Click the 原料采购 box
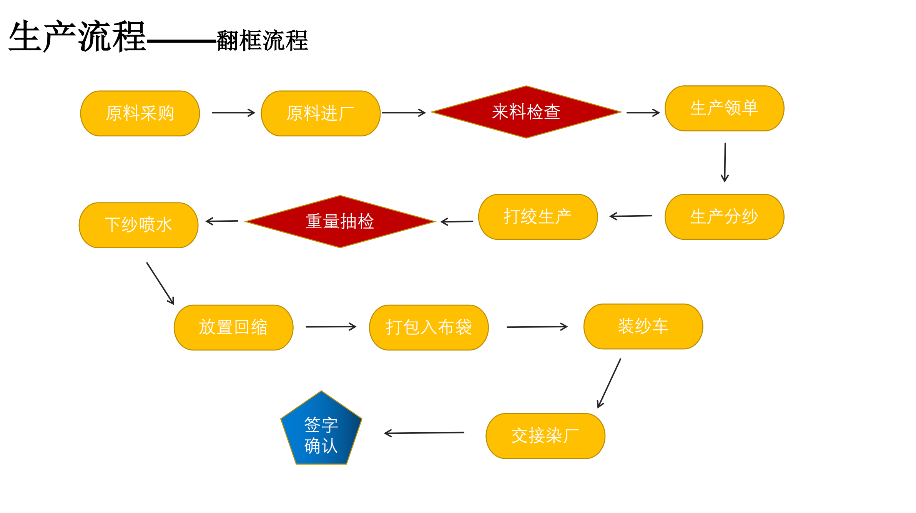(x=140, y=113)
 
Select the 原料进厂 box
(x=321, y=113)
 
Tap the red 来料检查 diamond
(x=526, y=112)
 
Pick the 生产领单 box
(x=724, y=108)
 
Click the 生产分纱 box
(x=724, y=217)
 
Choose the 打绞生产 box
(x=538, y=217)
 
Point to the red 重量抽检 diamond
(x=340, y=222)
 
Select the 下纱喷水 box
(x=138, y=225)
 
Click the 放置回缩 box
(x=233, y=327)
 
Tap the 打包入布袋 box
(x=429, y=327)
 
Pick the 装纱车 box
(x=643, y=326)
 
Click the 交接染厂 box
(x=545, y=436)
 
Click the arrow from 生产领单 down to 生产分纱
(x=725, y=162)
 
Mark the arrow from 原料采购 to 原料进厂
(x=233, y=113)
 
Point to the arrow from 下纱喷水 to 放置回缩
(x=160, y=284)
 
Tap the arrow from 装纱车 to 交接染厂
(x=609, y=383)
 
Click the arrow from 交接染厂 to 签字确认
(x=424, y=433)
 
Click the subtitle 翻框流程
(x=262, y=40)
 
